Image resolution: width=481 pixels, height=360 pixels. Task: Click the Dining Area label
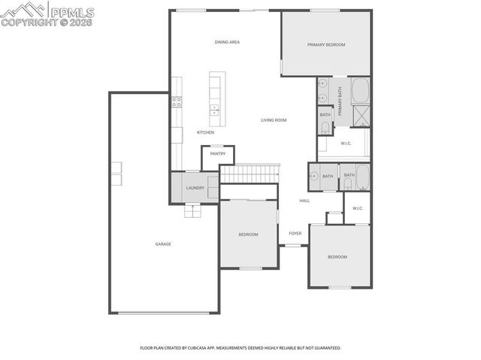[x=227, y=42]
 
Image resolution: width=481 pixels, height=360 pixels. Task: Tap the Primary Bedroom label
[x=326, y=45]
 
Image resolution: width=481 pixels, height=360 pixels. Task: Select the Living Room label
[x=274, y=120]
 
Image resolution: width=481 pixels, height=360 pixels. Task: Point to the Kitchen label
[x=206, y=133]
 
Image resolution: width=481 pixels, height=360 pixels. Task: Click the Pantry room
[x=218, y=154]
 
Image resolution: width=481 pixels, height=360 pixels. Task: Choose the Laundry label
[x=195, y=188]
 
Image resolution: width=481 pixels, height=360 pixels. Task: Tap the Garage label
[x=163, y=244]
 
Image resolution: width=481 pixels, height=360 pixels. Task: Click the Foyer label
[x=295, y=233]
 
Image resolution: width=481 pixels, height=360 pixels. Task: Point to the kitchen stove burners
[x=177, y=101]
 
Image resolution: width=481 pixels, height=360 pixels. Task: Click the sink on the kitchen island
[x=214, y=107]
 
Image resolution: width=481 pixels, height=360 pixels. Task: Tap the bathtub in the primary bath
[x=361, y=90]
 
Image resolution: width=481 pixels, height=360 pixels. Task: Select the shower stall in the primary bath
[x=362, y=115]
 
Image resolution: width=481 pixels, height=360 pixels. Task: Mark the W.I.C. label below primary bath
[x=346, y=143]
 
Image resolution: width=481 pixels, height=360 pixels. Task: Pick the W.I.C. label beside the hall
[x=358, y=208]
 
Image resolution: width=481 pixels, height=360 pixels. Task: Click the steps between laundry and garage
[x=194, y=210]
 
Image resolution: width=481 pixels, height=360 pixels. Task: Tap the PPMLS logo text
[x=72, y=11]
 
